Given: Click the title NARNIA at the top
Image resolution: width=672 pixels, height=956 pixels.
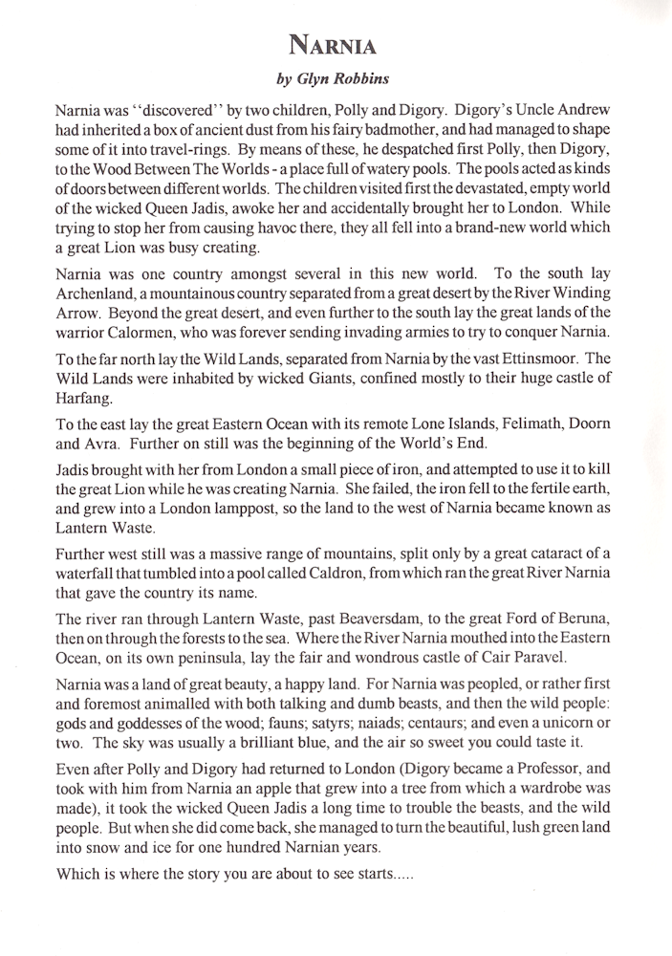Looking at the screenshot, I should click(x=335, y=43).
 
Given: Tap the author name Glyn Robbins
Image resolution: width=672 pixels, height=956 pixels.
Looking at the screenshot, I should click(x=336, y=80).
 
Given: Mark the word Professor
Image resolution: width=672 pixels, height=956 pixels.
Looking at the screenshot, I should click(x=542, y=770).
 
